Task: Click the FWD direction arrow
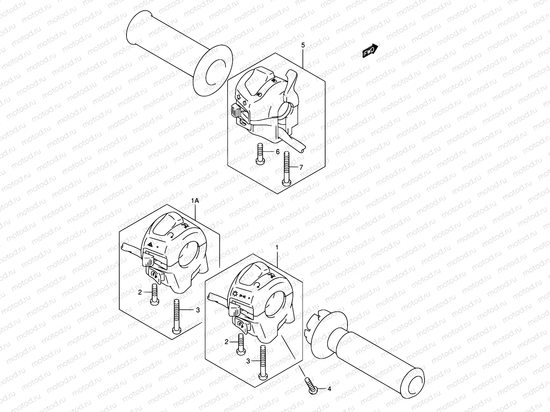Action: click(x=370, y=51)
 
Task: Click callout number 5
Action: click(x=303, y=45)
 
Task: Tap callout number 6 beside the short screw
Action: click(x=277, y=152)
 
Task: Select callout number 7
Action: click(x=301, y=167)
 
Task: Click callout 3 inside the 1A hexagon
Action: click(x=198, y=310)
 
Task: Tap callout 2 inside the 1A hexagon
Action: click(x=140, y=292)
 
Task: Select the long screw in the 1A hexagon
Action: click(x=177, y=316)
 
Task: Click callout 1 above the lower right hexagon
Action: click(x=277, y=248)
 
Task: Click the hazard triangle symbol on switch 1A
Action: click(x=150, y=245)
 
